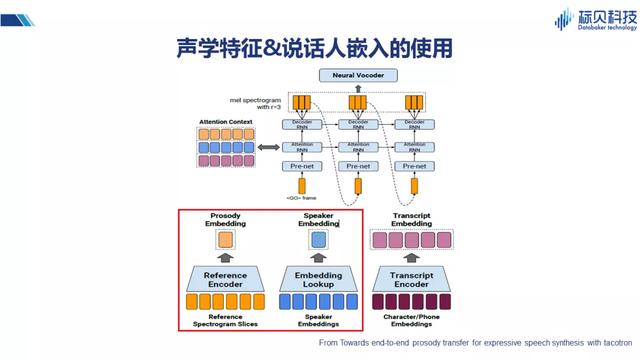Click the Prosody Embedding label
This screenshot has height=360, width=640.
[x=225, y=221]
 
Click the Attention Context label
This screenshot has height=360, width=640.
[x=226, y=120]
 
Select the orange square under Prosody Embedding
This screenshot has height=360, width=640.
[x=225, y=241]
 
